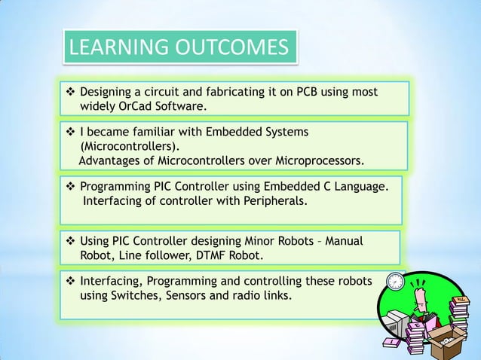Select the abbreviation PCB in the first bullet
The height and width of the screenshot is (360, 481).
(x=311, y=92)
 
